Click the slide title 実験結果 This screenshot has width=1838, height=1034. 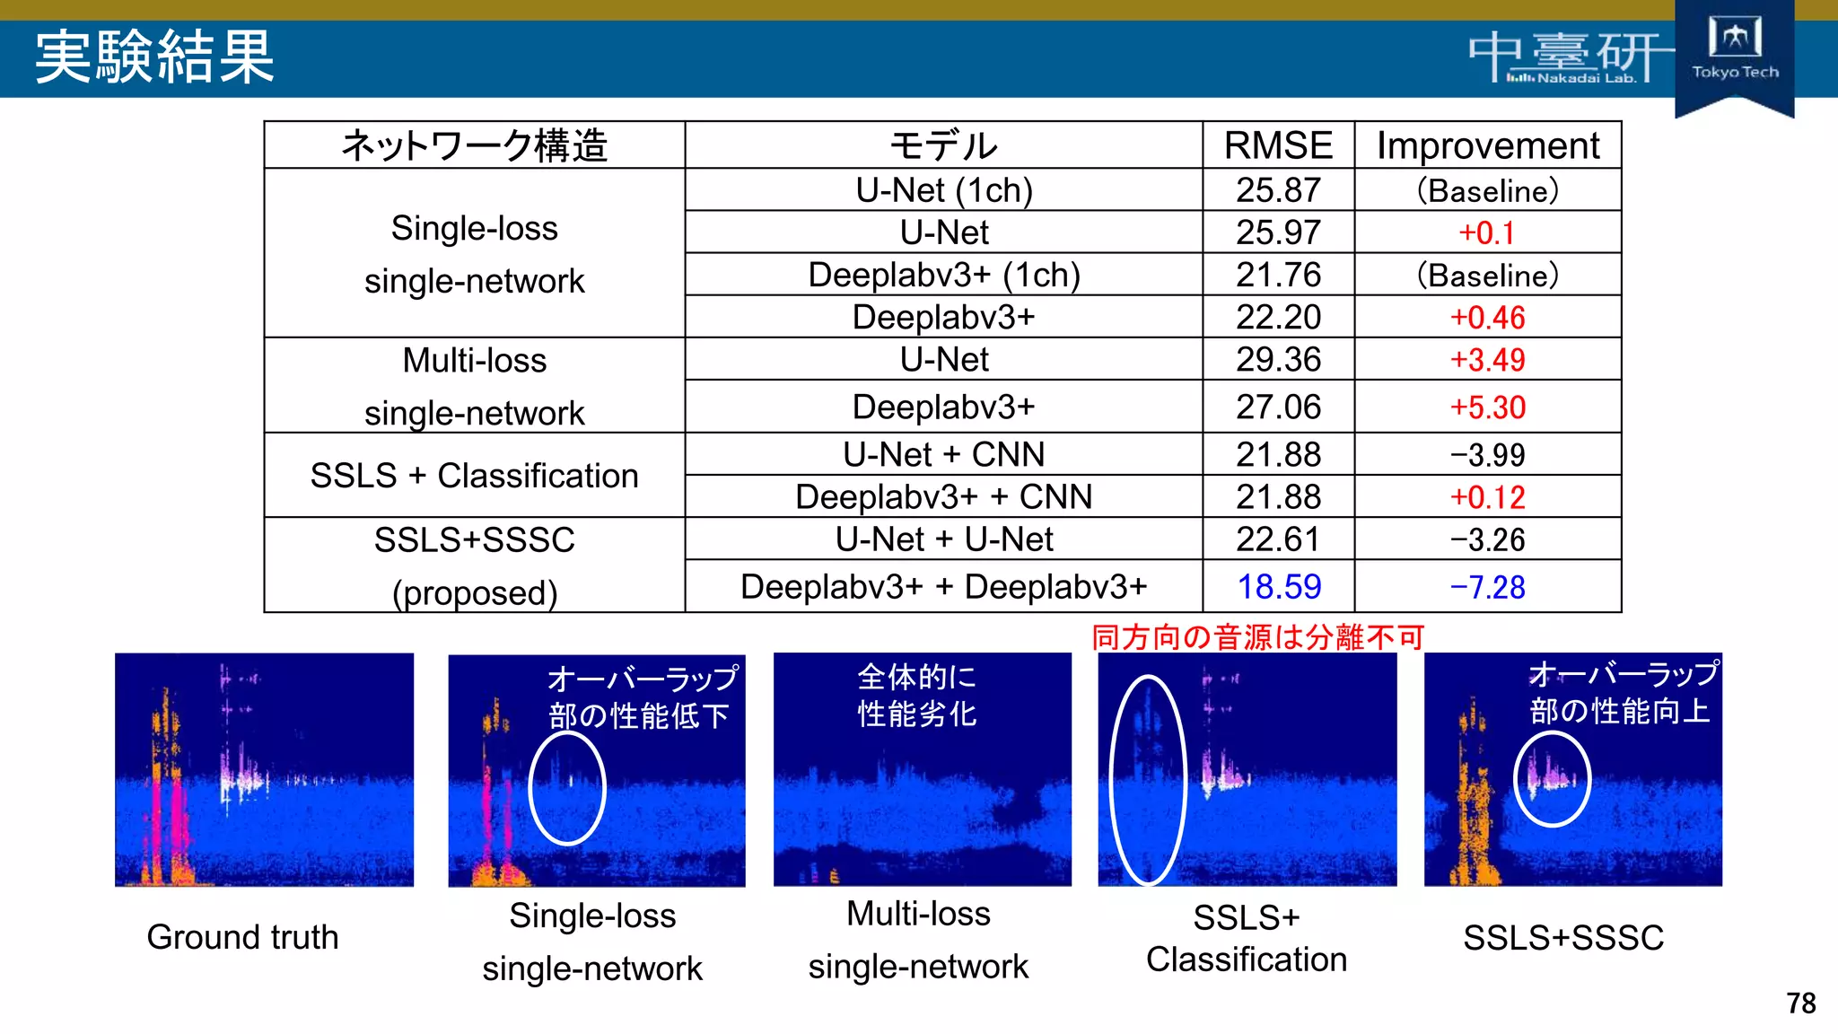coord(154,57)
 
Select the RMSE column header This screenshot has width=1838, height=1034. coord(1278,145)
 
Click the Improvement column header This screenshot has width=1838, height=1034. coord(1487,145)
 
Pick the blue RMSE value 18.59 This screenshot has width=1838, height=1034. coord(1279,587)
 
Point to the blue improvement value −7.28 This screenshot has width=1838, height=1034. coord(1487,587)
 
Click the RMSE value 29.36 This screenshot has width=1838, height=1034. coord(1278,360)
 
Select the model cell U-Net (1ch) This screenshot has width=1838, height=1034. coord(944,190)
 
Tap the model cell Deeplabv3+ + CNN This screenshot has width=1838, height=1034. coord(944,496)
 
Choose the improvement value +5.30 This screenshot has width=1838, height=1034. coord(1487,407)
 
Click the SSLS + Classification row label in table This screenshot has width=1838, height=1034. coord(474,476)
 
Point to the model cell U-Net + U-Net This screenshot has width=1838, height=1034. coord(944,539)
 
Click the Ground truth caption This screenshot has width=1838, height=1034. coord(242,937)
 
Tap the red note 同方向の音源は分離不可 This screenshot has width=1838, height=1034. coord(1258,637)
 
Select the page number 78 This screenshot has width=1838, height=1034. coord(1800,1003)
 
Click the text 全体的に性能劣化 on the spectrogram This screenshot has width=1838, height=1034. coord(916,695)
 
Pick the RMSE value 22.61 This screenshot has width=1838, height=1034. coord(1278,539)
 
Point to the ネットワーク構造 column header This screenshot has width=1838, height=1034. coord(474,145)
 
